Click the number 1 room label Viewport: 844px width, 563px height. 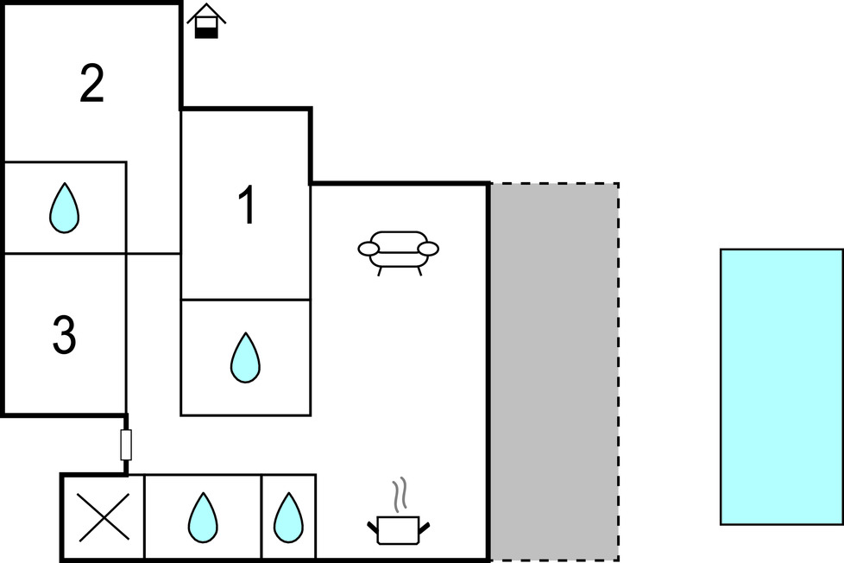pyautogui.click(x=247, y=207)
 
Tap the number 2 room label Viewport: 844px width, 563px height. pyautogui.click(x=91, y=83)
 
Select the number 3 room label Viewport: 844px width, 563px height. pyautogui.click(x=65, y=335)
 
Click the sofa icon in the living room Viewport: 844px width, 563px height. pyautogui.click(x=398, y=250)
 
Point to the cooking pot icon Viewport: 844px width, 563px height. pyautogui.click(x=398, y=528)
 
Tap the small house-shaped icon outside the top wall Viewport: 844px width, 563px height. pyautogui.click(x=206, y=22)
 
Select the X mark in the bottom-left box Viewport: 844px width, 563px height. pyautogui.click(x=103, y=517)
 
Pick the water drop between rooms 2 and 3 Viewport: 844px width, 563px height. pyautogui.click(x=64, y=209)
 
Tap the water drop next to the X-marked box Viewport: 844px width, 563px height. pyautogui.click(x=202, y=516)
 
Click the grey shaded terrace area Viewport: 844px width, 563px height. pyautogui.click(x=554, y=371)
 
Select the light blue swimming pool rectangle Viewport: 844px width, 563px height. pyautogui.click(x=781, y=386)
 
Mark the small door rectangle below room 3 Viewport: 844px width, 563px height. pyautogui.click(x=126, y=445)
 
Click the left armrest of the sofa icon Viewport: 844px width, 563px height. pyautogui.click(x=368, y=250)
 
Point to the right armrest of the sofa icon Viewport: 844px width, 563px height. pyautogui.click(x=428, y=250)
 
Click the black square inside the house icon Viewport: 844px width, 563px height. pyautogui.click(x=206, y=31)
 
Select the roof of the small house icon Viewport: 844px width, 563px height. pyautogui.click(x=206, y=12)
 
